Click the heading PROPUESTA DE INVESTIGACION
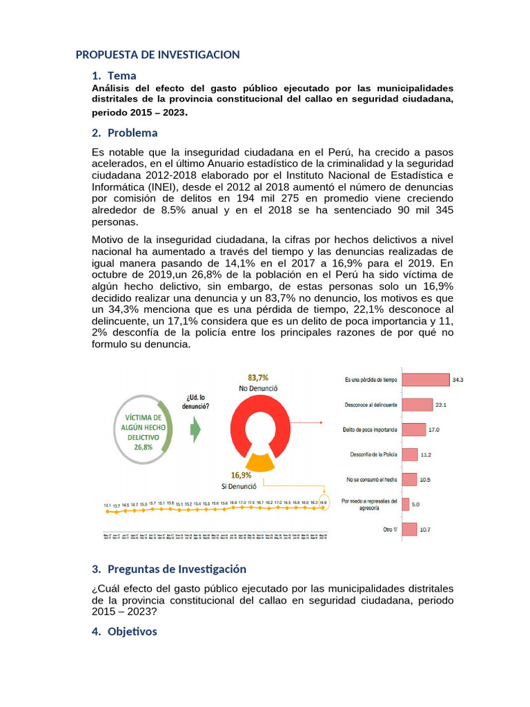tap(157, 55)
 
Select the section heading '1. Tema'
tap(114, 75)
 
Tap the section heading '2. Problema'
tap(125, 133)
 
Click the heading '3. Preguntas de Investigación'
tap(168, 569)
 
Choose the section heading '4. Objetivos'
tap(124, 631)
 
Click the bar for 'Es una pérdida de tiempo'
tap(424, 380)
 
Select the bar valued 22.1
tap(417, 405)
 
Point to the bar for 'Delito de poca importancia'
tap(413, 429)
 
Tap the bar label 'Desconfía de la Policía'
tap(372, 454)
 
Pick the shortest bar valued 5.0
tap(405, 504)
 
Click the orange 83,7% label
tap(258, 378)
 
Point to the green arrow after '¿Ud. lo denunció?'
tap(195, 429)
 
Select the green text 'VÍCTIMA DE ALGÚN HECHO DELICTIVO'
tap(143, 427)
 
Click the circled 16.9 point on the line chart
tap(322, 503)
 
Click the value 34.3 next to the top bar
tap(458, 380)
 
